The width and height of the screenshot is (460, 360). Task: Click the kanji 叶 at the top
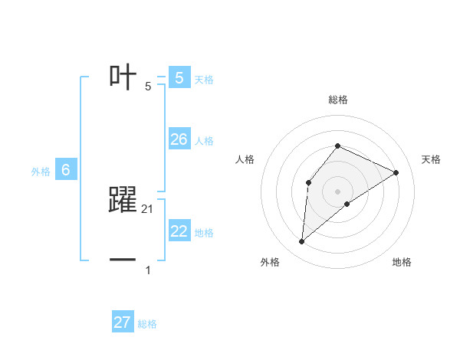[123, 77]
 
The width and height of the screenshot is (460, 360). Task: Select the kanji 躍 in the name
[123, 200]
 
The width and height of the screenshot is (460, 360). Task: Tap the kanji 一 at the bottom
[123, 260]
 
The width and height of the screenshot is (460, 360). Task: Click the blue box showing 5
[179, 77]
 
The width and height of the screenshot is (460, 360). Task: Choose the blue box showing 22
[179, 231]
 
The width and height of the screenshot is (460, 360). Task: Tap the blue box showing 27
[123, 322]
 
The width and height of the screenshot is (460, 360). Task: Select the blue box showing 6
[66, 170]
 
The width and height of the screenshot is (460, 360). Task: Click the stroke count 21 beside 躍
[148, 208]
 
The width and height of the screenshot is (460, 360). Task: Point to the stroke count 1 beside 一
[148, 270]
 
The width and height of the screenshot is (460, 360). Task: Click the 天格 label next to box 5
[204, 79]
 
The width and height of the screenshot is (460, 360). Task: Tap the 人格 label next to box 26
[204, 141]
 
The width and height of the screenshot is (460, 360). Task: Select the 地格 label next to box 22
[204, 233]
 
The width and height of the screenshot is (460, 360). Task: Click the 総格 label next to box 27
[147, 324]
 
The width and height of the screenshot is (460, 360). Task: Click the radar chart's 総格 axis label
[337, 100]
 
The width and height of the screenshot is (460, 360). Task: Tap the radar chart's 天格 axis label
[431, 159]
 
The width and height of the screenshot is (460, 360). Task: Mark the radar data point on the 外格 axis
[302, 242]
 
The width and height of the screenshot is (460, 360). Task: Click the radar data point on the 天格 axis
[396, 172]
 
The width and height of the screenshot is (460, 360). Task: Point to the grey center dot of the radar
[337, 191]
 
